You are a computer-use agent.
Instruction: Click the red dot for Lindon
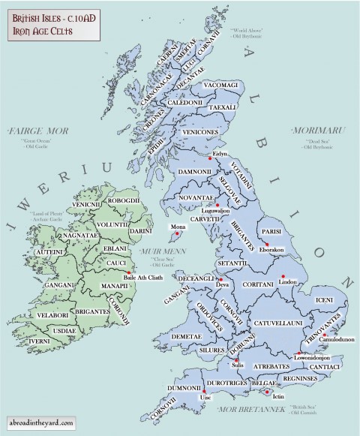[x=283, y=277]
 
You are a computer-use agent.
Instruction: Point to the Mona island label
[x=178, y=225]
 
